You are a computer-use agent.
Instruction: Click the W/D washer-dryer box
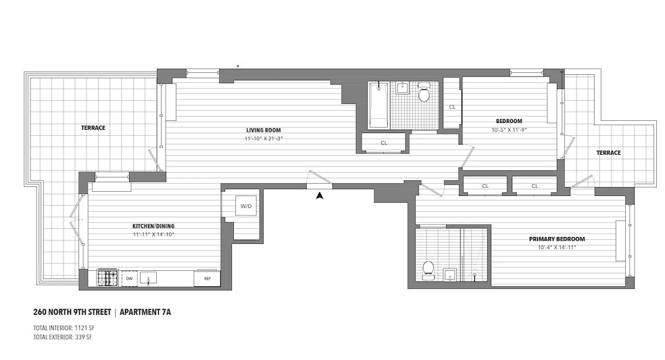coord(245,207)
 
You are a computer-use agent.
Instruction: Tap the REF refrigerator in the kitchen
coord(206,278)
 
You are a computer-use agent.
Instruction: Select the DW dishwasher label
coord(129,278)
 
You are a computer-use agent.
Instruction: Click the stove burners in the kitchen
coord(107,278)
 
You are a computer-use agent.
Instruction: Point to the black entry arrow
coord(320,195)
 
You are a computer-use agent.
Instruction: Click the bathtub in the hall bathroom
coord(378,105)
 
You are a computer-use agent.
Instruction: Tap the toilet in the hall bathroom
coord(424,94)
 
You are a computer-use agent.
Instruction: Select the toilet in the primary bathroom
coord(427,270)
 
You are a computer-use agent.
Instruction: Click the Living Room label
coord(263,130)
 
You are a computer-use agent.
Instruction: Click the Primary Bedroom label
coord(557,239)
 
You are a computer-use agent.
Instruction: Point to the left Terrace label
coord(93,128)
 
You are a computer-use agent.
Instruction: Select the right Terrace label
coord(608,153)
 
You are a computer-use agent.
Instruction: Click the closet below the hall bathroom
coord(384,143)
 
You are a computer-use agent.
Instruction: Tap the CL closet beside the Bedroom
coord(452,107)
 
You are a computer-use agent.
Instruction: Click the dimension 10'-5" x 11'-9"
coord(508,130)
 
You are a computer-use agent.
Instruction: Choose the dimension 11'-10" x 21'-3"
coord(264,138)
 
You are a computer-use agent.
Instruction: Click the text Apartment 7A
coord(151,313)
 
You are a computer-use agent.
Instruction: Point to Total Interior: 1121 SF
coord(65,328)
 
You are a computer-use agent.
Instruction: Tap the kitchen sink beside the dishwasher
coord(149,278)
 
